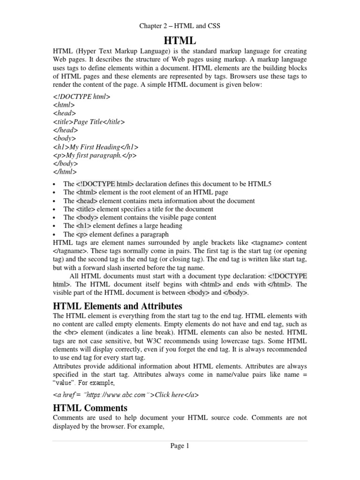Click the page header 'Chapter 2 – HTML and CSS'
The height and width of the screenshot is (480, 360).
point(180,26)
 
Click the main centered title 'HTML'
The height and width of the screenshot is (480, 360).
point(180,40)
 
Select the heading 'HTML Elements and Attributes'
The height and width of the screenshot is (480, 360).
point(118,306)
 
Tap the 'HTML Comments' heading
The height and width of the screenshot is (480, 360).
point(90,407)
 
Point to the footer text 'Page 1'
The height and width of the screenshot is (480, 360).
point(180,446)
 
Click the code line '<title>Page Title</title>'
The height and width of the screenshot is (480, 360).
point(89,122)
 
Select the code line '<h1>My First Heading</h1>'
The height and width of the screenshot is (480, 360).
point(96,147)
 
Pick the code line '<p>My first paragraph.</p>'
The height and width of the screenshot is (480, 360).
point(95,155)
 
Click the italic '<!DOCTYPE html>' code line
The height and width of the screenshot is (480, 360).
point(82,97)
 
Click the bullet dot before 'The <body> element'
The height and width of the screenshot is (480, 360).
point(55,218)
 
